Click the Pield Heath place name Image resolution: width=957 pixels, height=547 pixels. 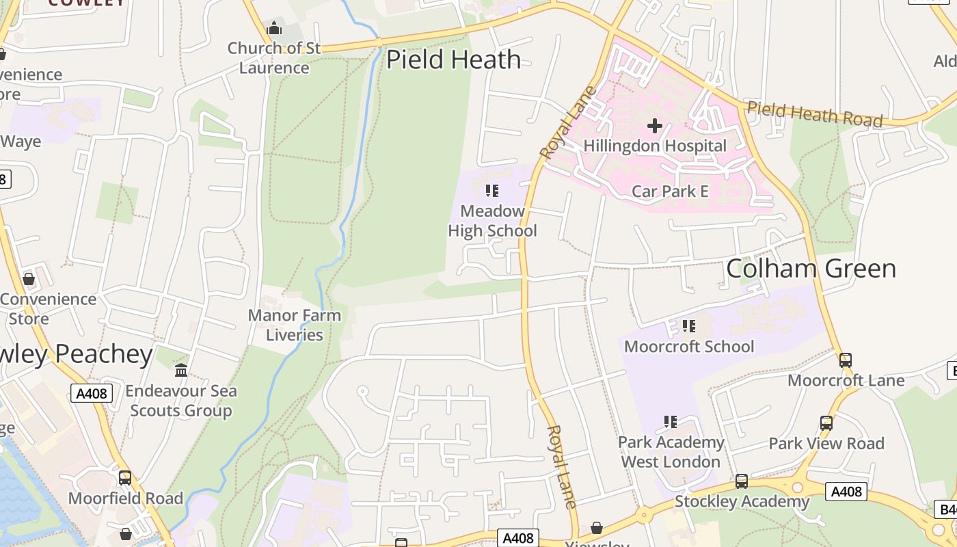coord(454,59)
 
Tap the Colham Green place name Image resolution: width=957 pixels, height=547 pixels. coord(811,269)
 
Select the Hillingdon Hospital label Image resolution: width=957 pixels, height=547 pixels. coord(655,146)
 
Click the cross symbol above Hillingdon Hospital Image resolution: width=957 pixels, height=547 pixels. coord(655,125)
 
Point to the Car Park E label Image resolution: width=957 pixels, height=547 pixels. coord(670,191)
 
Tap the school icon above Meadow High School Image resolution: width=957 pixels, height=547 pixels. coord(492,191)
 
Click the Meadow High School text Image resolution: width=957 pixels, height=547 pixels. coord(492,221)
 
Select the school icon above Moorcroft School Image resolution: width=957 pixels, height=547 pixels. coord(689,326)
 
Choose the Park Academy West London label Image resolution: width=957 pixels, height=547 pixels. coord(671,452)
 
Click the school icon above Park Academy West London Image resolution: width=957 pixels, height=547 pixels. coord(671,422)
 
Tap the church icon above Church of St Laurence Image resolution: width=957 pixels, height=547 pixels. coord(274,29)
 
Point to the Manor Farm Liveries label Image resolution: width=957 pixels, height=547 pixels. coord(295,325)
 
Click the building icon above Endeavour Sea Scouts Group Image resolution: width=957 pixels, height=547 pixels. coord(181,371)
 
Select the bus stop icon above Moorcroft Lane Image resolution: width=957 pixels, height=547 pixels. coord(846,360)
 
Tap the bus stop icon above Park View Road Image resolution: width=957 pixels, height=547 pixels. coord(826,423)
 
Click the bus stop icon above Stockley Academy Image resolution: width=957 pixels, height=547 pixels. coord(742,481)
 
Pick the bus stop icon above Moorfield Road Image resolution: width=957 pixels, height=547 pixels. coord(125,478)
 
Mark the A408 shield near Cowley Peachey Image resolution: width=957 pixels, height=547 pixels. coord(92,393)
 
